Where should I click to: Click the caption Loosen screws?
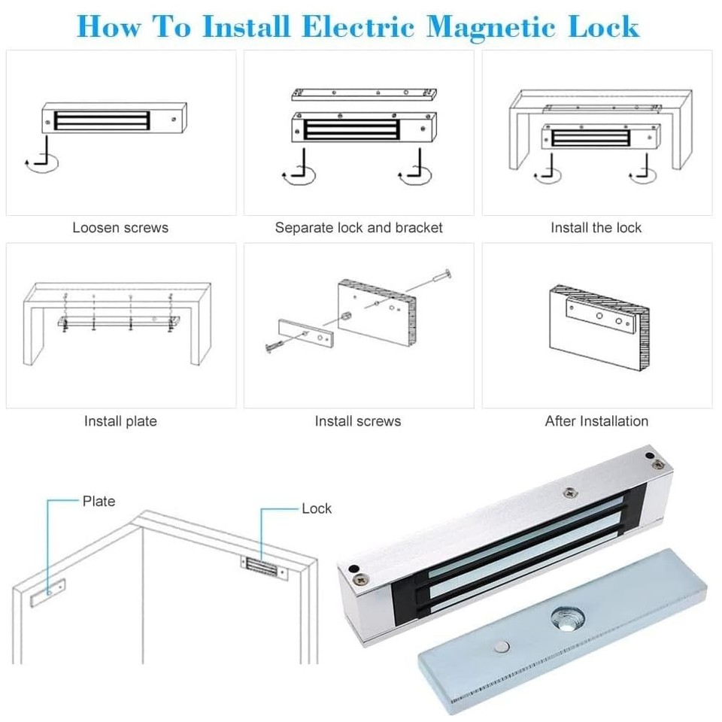tap(120, 227)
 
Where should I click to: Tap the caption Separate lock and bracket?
tap(359, 227)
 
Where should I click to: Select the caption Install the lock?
tap(596, 227)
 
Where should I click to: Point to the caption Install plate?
tap(120, 421)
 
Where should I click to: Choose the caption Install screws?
tap(358, 421)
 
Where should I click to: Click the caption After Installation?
tap(596, 421)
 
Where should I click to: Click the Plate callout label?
tap(99, 501)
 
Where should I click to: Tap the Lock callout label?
tap(316, 508)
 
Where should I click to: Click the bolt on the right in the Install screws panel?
tap(438, 280)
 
